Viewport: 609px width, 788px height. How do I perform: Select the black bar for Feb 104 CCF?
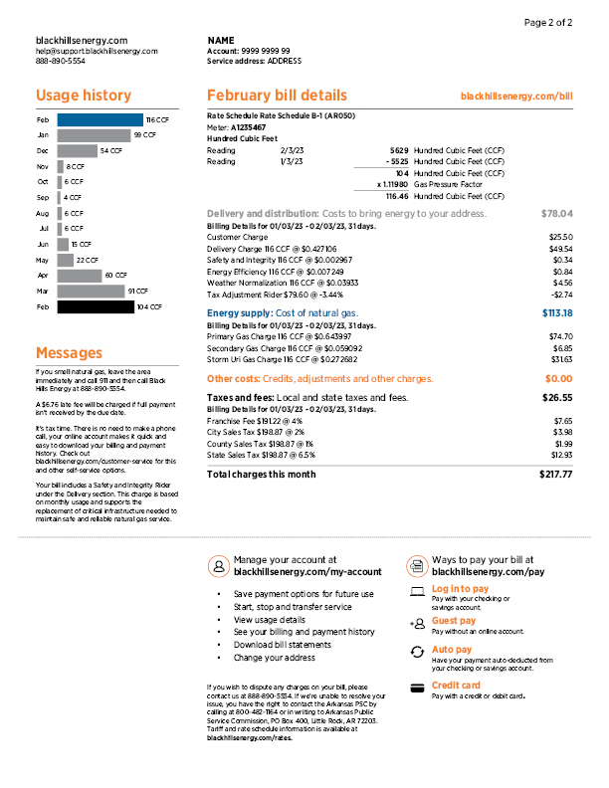96,307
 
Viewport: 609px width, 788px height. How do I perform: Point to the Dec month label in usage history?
43,150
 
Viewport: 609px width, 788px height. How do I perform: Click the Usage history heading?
84,96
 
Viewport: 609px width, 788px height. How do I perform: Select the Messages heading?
69,352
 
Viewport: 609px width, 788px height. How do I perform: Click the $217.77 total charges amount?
556,475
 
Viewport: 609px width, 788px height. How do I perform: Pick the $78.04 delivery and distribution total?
557,214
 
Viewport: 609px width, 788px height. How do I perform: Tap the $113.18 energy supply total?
556,313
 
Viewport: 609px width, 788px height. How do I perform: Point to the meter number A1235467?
248,127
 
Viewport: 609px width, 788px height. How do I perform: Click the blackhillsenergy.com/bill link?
518,97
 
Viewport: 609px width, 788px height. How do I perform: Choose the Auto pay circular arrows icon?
416,652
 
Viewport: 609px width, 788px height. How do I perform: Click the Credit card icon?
416,687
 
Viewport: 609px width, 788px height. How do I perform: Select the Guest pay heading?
454,621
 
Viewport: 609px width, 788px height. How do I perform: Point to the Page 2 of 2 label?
548,22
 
